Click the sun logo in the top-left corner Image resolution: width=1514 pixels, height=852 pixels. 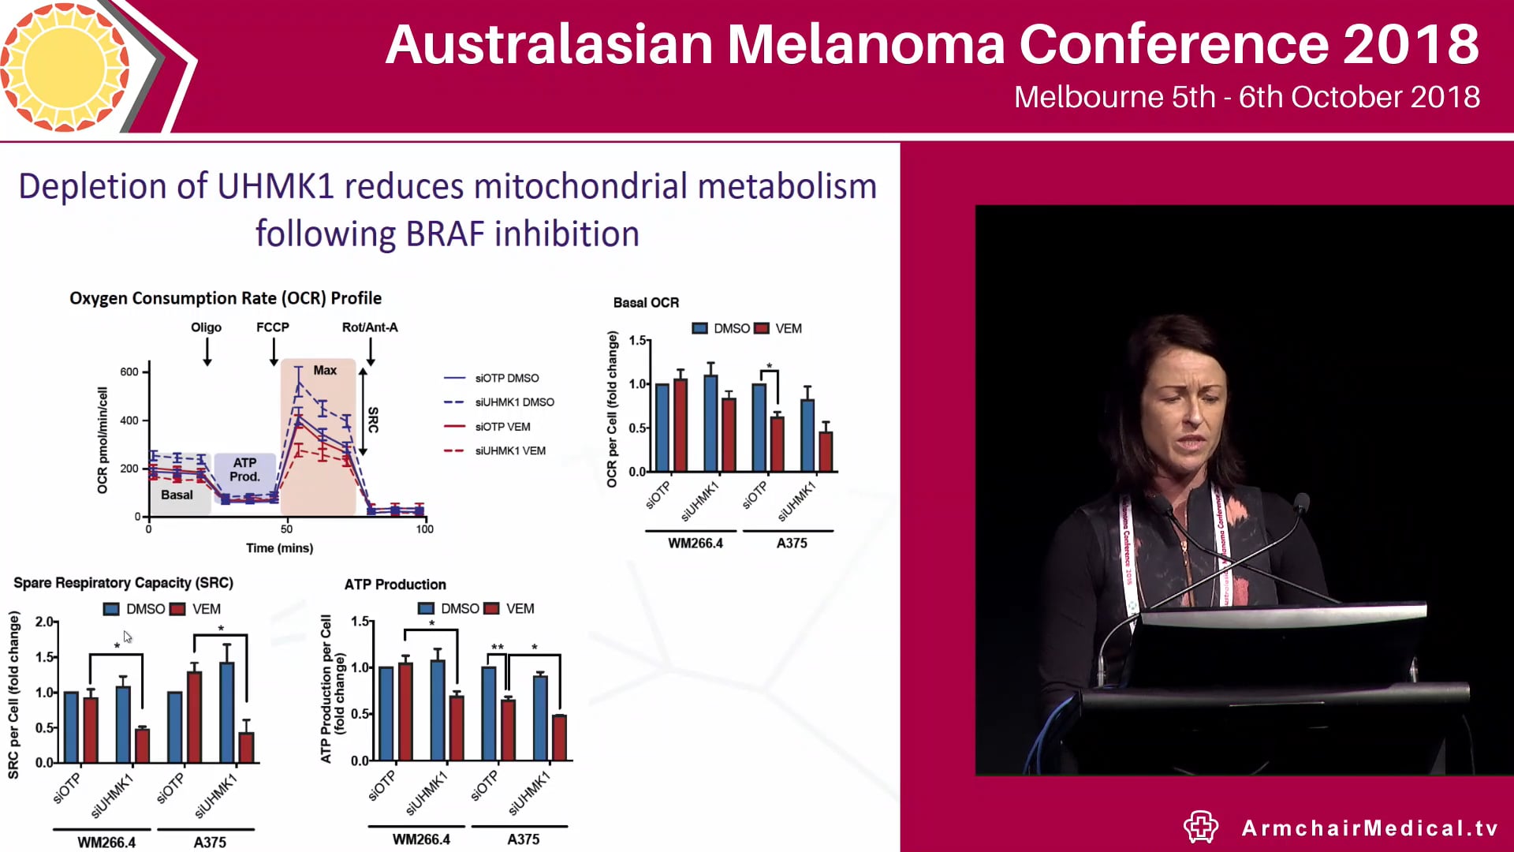65,66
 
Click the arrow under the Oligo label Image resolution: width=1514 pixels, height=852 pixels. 207,352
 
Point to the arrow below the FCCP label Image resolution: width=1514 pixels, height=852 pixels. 274,352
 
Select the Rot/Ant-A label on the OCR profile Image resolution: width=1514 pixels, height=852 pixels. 369,327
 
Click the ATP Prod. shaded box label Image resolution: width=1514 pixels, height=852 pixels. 244,469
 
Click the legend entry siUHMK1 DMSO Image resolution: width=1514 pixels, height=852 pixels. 513,402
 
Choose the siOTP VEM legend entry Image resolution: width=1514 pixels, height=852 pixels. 502,427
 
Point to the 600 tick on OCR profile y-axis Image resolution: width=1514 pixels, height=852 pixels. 129,372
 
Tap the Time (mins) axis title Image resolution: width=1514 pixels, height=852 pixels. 279,548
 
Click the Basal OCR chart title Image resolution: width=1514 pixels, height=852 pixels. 646,303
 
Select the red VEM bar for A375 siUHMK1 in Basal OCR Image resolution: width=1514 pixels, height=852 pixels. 826,451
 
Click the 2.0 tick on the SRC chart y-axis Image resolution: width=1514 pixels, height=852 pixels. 44,622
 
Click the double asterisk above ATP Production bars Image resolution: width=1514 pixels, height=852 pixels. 498,648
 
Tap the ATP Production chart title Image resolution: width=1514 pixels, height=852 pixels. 395,585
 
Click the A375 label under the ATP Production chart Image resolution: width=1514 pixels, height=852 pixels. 523,839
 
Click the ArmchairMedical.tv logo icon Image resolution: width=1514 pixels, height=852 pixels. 1200,827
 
